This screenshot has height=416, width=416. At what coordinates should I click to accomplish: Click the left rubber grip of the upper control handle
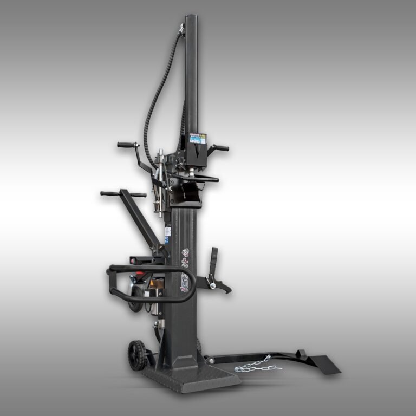[x=126, y=145]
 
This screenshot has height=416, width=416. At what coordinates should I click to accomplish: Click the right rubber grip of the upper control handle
[x=221, y=147]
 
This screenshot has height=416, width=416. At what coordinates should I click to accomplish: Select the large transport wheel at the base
[x=136, y=355]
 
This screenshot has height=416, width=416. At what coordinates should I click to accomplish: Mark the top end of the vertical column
[x=192, y=18]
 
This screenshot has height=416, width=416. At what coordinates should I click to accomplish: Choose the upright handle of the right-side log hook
[x=214, y=259]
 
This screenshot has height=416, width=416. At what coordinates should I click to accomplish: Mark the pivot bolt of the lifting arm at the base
[x=207, y=358]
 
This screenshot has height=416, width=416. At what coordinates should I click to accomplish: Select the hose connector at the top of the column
[x=181, y=30]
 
